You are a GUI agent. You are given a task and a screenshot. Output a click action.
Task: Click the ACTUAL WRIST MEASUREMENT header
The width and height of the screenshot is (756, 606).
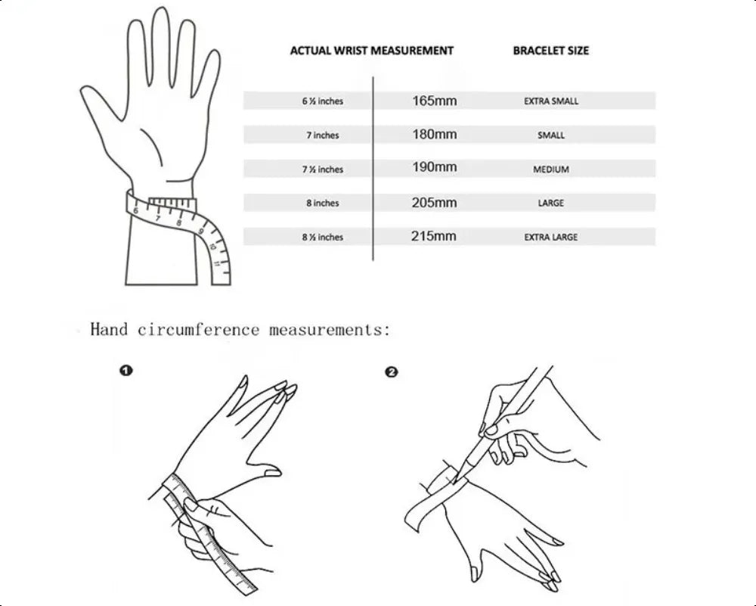(372, 51)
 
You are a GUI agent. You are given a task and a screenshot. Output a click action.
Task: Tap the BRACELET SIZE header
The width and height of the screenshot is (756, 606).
(550, 51)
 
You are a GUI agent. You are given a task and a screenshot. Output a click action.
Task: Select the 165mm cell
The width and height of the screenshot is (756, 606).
(435, 101)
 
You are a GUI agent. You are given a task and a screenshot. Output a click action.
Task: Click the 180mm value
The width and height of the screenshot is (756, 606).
(435, 134)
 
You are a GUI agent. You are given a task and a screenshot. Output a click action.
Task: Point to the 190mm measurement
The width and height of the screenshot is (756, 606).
(435, 167)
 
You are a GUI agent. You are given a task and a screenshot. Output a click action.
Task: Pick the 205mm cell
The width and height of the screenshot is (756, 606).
(435, 203)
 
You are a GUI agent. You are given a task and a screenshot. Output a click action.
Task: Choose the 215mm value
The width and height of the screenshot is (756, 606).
(434, 236)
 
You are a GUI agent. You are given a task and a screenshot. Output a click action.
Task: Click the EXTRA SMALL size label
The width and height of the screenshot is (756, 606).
(551, 101)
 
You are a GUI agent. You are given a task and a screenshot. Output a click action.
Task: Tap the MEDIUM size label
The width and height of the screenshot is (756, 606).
(551, 169)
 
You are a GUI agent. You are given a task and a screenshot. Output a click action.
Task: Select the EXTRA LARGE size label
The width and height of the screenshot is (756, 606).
(551, 237)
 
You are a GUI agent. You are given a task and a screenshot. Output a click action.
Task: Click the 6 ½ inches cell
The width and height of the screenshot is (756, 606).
(323, 101)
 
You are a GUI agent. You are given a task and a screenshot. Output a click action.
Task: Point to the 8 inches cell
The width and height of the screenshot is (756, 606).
(323, 203)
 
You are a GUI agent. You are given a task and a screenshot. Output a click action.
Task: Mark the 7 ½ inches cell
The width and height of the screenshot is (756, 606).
(323, 169)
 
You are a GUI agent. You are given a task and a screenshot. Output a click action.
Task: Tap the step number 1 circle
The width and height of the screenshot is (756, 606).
(125, 371)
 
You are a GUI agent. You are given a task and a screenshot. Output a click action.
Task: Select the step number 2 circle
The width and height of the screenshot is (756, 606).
(392, 372)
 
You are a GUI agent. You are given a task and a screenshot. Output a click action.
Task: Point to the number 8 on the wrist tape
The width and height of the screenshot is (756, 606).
(179, 222)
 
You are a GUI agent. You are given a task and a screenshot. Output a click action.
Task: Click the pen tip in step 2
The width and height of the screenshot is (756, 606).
(455, 481)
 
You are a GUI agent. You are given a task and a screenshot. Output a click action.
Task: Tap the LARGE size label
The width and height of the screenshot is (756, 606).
(551, 203)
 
